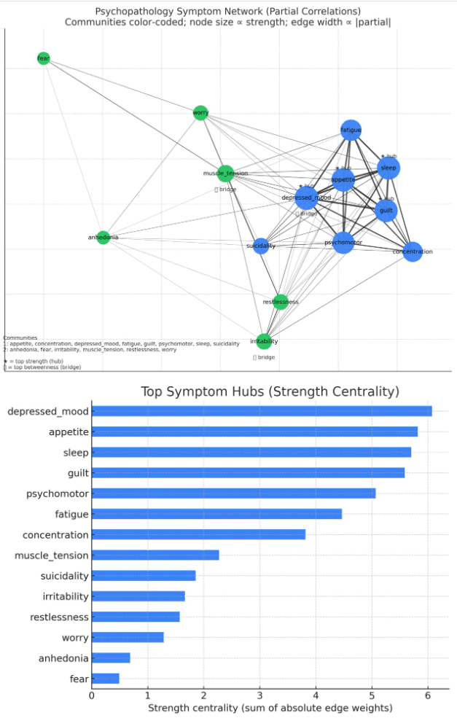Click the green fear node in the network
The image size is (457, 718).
(x=44, y=58)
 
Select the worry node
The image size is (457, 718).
(x=200, y=113)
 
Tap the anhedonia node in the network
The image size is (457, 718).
(x=103, y=237)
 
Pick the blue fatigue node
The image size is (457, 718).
(x=351, y=130)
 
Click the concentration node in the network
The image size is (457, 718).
(x=413, y=252)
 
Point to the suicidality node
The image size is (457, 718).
(x=261, y=246)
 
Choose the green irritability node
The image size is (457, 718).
(x=264, y=341)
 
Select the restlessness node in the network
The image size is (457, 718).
(x=281, y=302)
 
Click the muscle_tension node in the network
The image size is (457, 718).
(x=226, y=173)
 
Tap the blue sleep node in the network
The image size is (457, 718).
(x=389, y=168)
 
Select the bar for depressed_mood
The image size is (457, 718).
(x=262, y=411)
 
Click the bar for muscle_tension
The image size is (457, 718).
(x=155, y=555)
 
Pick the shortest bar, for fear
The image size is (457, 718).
(x=105, y=679)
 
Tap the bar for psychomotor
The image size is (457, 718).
(x=233, y=493)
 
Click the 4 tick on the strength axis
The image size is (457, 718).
(x=316, y=695)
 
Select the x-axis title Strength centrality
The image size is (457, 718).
(x=270, y=708)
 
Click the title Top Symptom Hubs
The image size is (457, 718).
(x=270, y=392)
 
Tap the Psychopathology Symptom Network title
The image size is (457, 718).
(x=228, y=12)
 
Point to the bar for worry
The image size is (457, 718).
(x=128, y=638)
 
